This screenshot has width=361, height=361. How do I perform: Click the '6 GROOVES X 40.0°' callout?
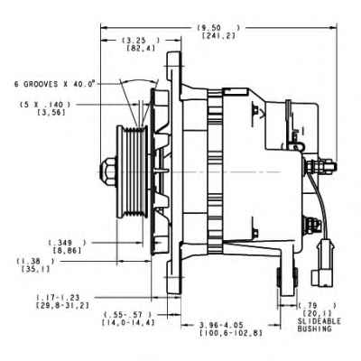click(55, 82)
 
